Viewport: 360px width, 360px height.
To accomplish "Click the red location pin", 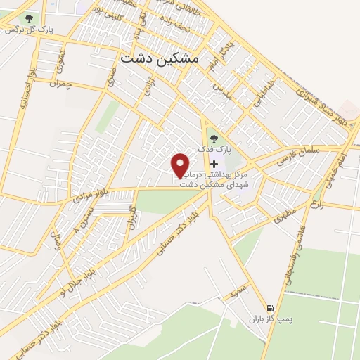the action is [x=181, y=165].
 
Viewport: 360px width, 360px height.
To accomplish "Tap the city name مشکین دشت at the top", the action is [x=160, y=60].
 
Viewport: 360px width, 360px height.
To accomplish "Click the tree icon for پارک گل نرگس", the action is [x=29, y=19].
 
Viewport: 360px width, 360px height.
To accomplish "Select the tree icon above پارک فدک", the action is [x=214, y=136].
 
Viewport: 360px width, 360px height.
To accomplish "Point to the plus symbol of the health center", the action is [x=214, y=164].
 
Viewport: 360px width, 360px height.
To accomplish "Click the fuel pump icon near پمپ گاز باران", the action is [x=269, y=308].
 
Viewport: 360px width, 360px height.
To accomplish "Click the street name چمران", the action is [x=61, y=83].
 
